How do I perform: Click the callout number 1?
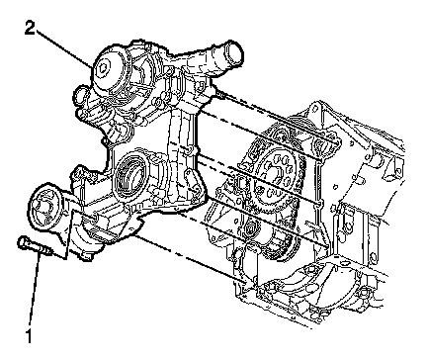(x=29, y=335)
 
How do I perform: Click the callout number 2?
(x=30, y=29)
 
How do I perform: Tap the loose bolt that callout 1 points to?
(x=35, y=246)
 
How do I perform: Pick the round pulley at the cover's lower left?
(x=45, y=208)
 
